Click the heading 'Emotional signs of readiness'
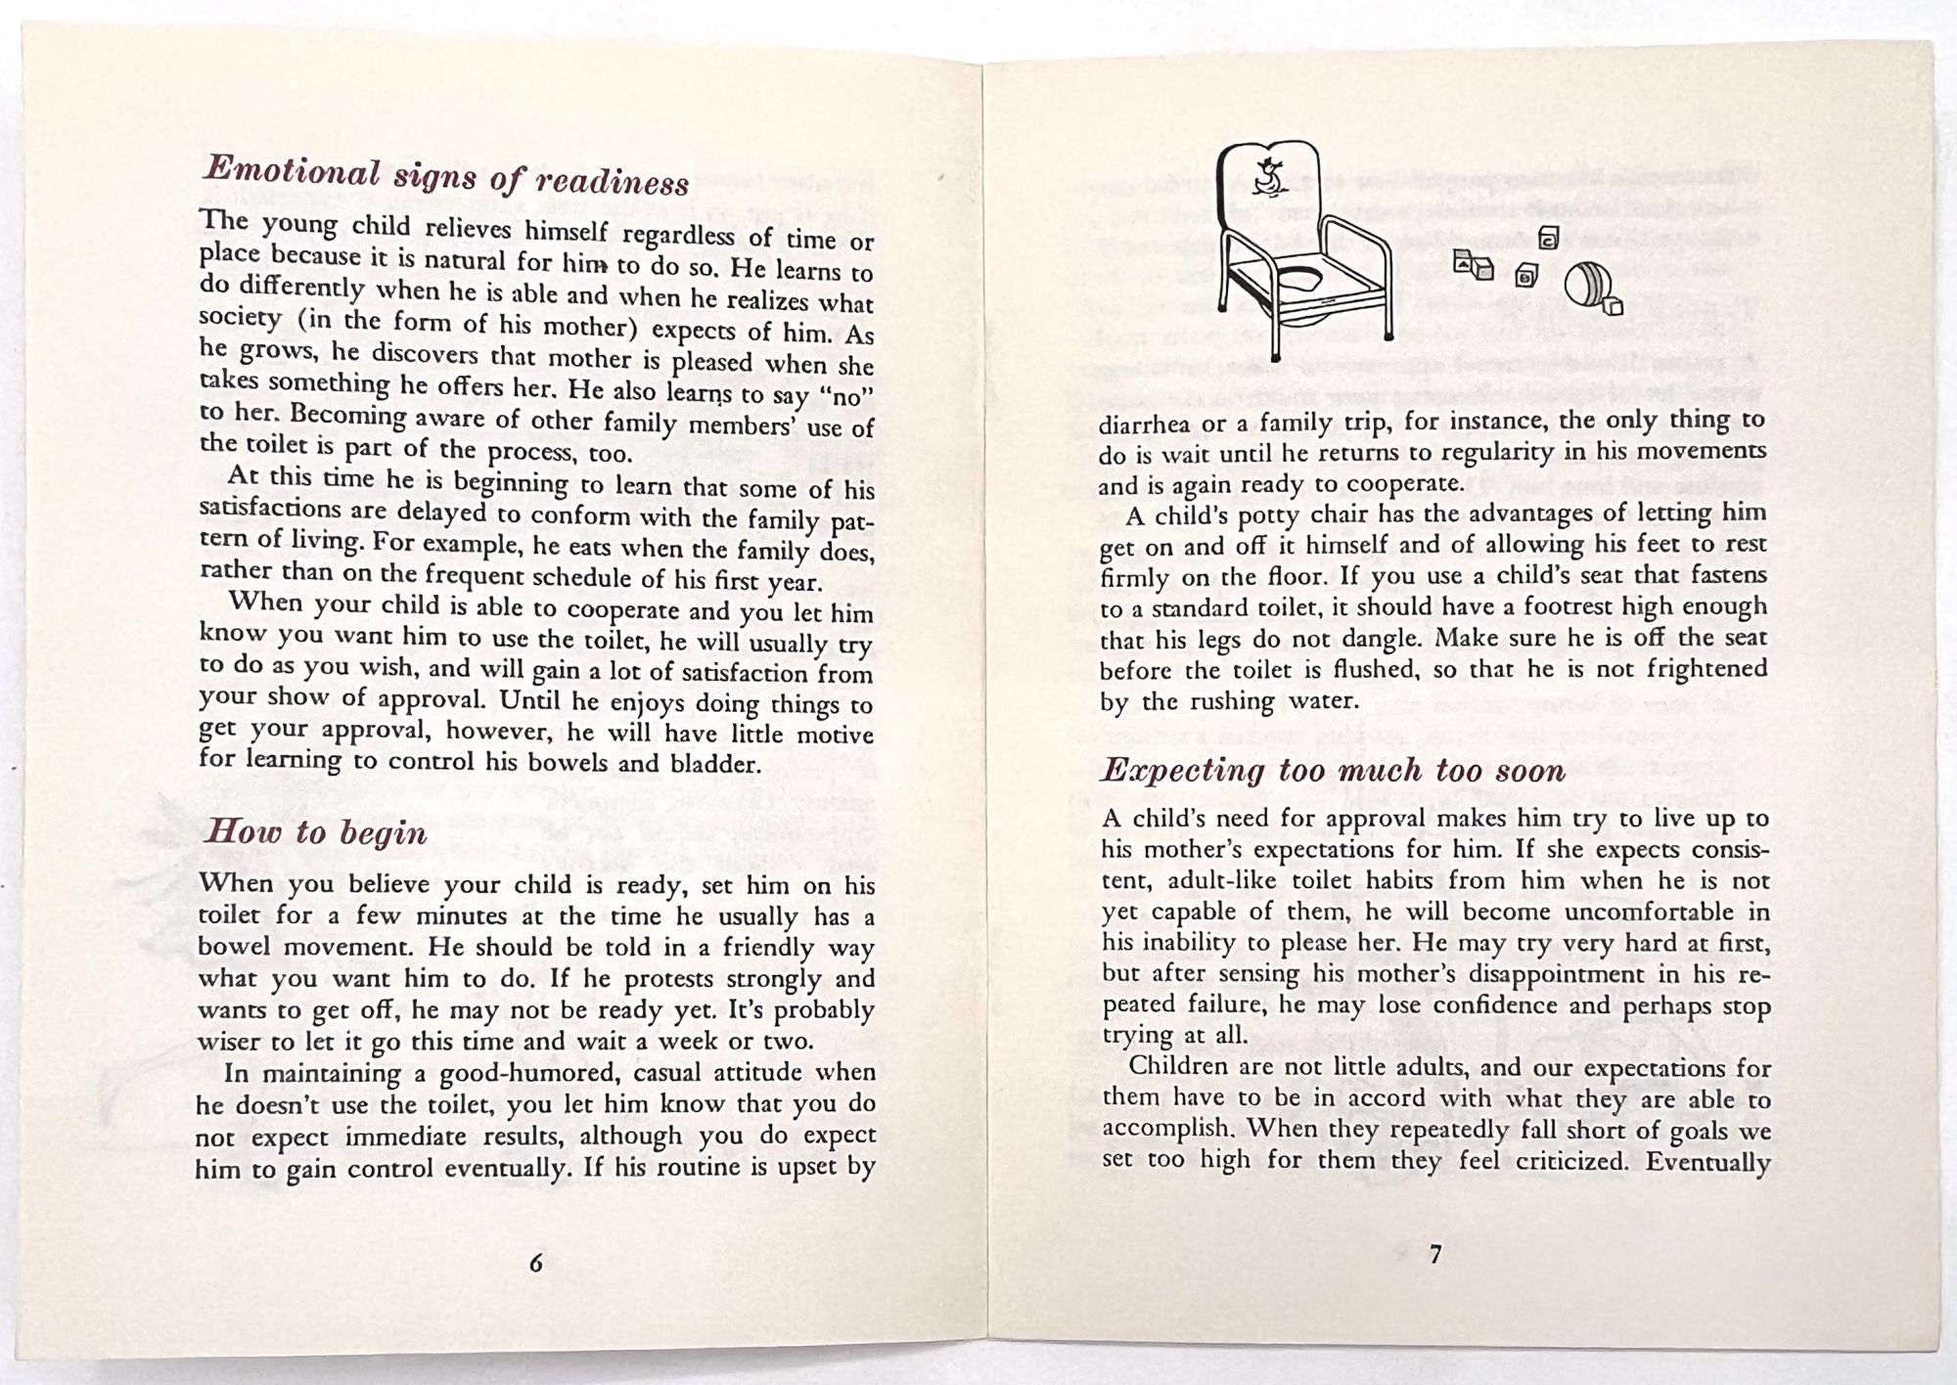(446, 176)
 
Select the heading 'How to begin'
(314, 832)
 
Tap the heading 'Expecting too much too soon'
(1334, 771)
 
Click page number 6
(535, 1263)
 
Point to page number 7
(1435, 1254)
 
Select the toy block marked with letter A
(1465, 261)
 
